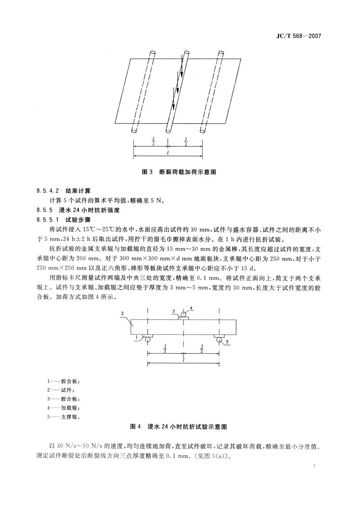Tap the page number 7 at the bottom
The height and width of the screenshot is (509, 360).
[x=314, y=466]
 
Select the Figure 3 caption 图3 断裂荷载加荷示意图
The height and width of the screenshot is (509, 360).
[x=179, y=172]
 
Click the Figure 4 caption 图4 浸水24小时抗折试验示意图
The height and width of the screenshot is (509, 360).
[x=178, y=427]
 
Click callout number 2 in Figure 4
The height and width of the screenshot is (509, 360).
[x=123, y=313]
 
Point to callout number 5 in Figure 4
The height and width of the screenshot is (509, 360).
[x=227, y=342]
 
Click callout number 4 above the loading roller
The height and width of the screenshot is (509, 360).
[x=192, y=309]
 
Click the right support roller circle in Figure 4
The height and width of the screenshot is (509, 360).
[x=219, y=339]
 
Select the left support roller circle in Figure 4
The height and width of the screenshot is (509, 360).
[x=148, y=339]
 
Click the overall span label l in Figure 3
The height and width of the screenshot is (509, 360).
[x=168, y=153]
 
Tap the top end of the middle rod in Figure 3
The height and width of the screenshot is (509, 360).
[x=186, y=53]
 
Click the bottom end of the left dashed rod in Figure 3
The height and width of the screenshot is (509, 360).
[x=134, y=129]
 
